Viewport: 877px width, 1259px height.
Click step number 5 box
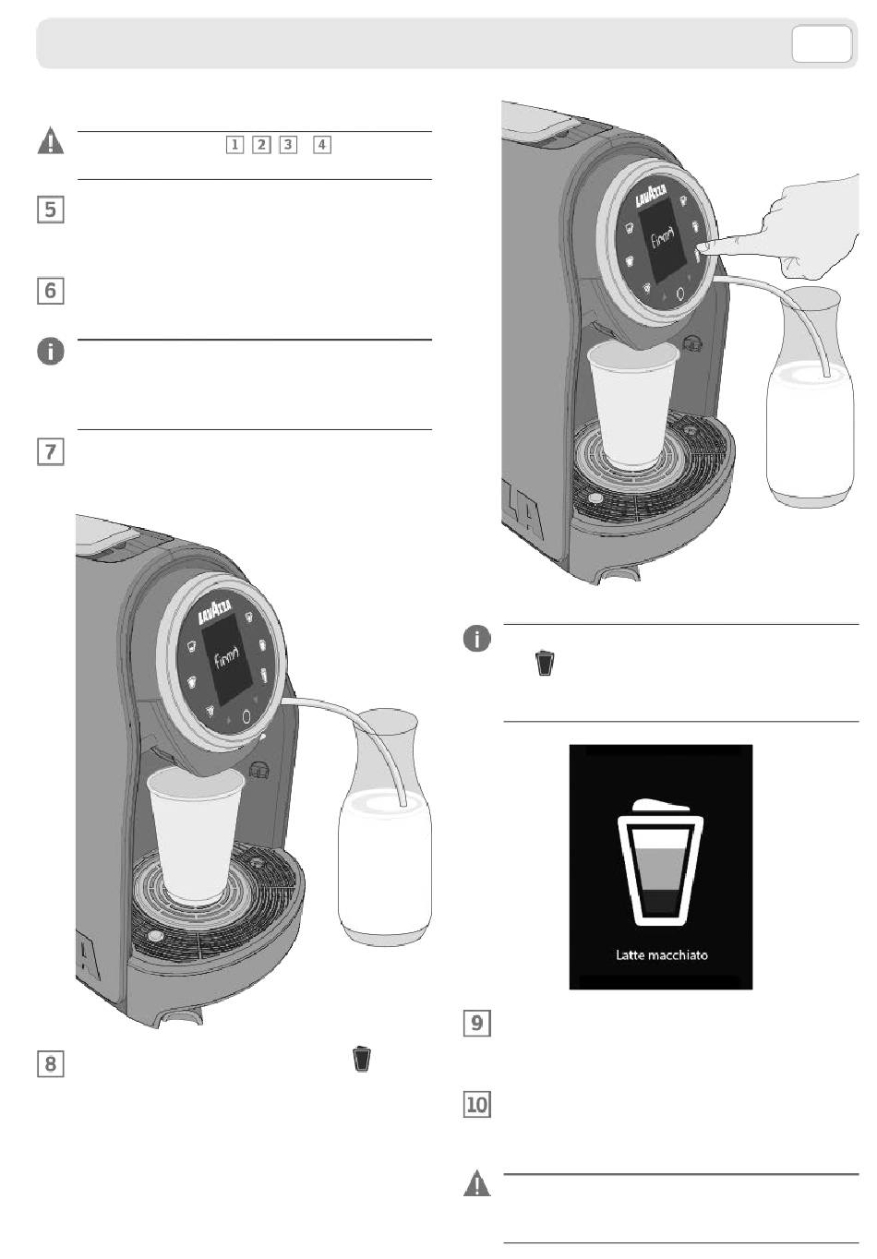(x=50, y=210)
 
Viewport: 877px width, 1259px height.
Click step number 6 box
(x=50, y=291)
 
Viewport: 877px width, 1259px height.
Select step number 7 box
(x=50, y=452)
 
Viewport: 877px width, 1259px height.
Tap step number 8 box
(x=50, y=1063)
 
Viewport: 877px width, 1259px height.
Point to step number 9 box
(x=476, y=1023)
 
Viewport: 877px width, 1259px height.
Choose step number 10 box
(x=476, y=1104)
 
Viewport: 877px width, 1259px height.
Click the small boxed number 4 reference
(x=321, y=145)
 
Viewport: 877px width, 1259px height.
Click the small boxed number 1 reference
(x=235, y=145)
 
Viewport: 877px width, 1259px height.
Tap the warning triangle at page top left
(x=51, y=141)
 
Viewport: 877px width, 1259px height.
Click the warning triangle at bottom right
(x=476, y=1183)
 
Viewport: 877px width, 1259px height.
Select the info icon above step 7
(x=51, y=352)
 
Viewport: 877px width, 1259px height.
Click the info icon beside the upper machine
(x=476, y=639)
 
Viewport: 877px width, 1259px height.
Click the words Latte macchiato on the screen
(x=661, y=955)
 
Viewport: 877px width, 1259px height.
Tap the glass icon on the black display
(x=660, y=862)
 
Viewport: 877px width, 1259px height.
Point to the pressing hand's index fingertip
(x=703, y=247)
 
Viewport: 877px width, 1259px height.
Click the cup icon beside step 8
(x=362, y=1059)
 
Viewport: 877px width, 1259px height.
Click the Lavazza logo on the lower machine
(x=215, y=613)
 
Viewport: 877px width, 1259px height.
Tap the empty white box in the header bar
(x=822, y=44)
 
